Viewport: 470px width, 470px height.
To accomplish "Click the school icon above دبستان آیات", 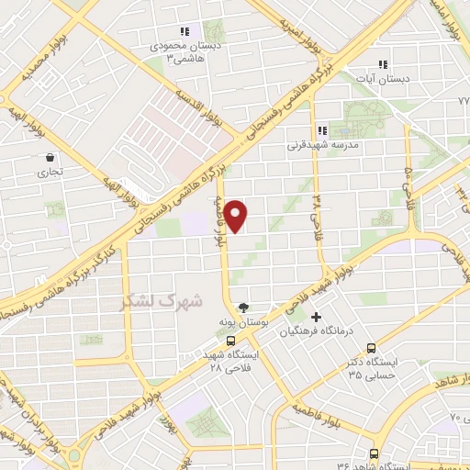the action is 383,64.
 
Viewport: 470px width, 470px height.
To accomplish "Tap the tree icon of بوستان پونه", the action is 242,308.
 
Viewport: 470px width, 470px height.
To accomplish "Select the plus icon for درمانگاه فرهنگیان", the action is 316,317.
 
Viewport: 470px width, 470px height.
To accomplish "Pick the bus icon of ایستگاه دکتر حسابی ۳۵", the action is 371,348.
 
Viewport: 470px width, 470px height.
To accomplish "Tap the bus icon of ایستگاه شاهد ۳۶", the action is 372,453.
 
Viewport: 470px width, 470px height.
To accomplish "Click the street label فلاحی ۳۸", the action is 317,214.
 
